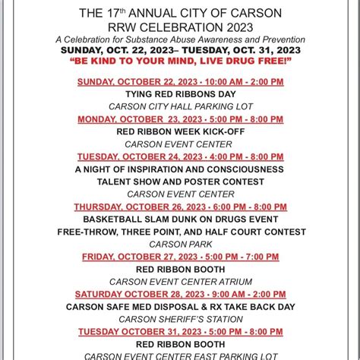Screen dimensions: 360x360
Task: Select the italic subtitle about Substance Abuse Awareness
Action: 179,39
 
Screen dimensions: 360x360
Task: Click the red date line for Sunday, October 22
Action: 179,81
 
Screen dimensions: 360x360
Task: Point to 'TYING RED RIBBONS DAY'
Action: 179,94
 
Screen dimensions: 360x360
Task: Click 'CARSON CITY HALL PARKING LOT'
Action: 179,106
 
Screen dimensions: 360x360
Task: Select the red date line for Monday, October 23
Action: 179,119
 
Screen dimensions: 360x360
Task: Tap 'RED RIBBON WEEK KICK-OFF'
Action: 179,131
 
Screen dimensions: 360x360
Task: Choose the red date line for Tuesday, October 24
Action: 179,156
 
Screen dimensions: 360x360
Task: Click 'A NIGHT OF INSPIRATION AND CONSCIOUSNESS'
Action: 179,169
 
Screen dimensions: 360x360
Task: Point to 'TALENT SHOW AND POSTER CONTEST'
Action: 179,182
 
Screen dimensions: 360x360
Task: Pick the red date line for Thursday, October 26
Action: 179,207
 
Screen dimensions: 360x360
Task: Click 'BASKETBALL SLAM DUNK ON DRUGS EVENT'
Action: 179,219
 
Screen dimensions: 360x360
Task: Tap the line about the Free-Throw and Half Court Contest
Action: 179,232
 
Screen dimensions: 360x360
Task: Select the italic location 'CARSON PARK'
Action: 179,245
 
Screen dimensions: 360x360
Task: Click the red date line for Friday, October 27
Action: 179,257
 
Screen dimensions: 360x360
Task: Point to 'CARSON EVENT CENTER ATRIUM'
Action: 179,282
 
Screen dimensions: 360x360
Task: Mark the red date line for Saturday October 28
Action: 179,294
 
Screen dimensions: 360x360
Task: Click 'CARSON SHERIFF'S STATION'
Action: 179,319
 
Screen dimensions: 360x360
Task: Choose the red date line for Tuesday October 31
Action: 179,332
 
